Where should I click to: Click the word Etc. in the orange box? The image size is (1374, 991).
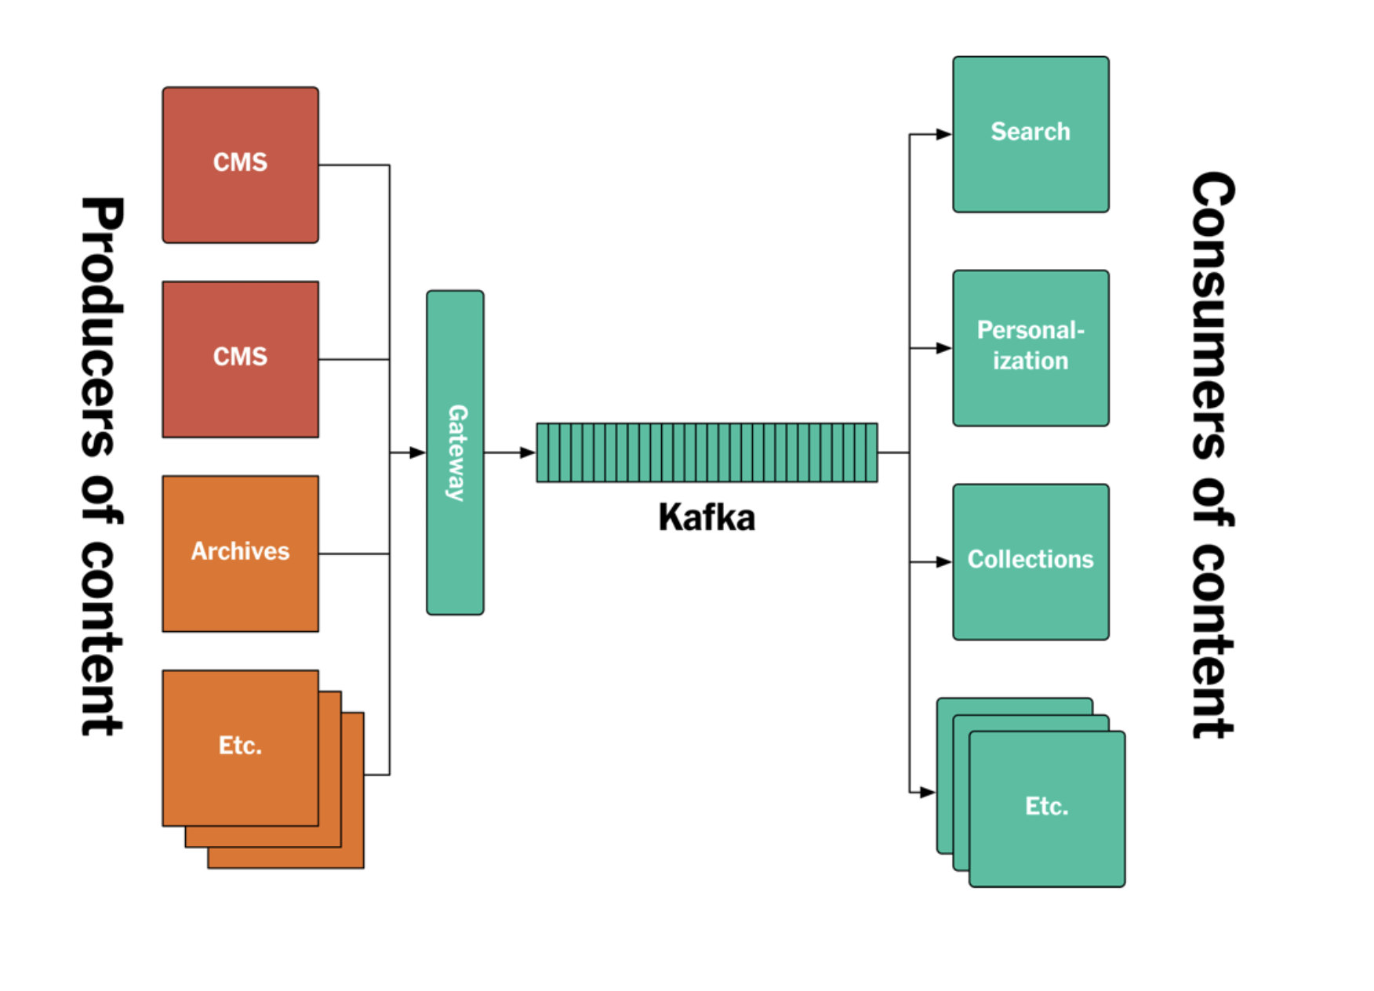(x=240, y=745)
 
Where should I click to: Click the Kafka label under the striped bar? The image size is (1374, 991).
(x=706, y=517)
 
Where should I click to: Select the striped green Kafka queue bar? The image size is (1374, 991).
(x=706, y=452)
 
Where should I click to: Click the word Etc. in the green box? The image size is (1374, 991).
(x=1046, y=806)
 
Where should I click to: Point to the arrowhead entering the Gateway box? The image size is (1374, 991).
(x=418, y=452)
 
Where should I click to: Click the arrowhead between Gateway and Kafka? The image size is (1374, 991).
(x=527, y=452)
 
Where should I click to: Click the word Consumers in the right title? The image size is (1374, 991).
(x=1212, y=314)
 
